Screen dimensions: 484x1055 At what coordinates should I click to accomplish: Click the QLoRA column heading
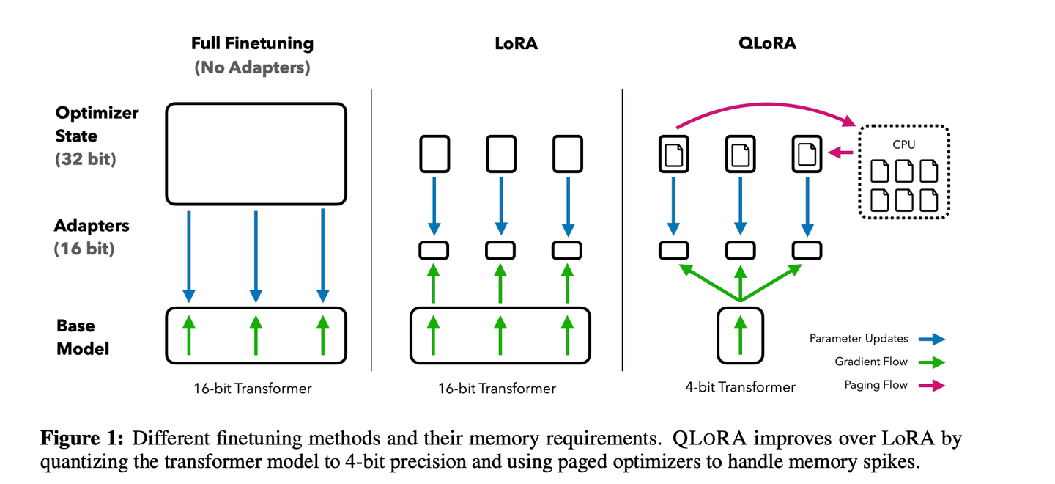pyautogui.click(x=767, y=43)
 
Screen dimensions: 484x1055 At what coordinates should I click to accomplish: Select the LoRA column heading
pyautogui.click(x=516, y=43)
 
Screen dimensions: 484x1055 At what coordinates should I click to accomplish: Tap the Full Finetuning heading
pyautogui.click(x=252, y=43)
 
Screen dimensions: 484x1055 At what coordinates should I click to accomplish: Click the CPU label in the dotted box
pyautogui.click(x=903, y=145)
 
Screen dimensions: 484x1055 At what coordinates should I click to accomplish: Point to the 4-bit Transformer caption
pyautogui.click(x=741, y=387)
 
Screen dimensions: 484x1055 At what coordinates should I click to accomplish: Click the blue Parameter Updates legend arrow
pyautogui.click(x=930, y=339)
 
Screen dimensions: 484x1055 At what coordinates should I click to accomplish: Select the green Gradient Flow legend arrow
pyautogui.click(x=930, y=362)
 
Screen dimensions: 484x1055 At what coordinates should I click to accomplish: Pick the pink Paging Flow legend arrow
pyautogui.click(x=930, y=385)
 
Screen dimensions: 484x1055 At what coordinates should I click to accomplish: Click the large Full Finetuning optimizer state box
pyautogui.click(x=256, y=153)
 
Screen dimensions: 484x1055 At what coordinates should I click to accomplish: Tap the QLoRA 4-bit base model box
pyautogui.click(x=741, y=335)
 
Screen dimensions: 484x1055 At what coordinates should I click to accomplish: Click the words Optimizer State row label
pyautogui.click(x=97, y=125)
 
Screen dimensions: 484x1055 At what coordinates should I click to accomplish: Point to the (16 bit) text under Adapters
pyautogui.click(x=84, y=249)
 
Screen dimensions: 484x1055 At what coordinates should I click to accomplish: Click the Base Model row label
pyautogui.click(x=82, y=337)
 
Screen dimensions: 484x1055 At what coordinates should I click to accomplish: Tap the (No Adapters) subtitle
pyautogui.click(x=252, y=67)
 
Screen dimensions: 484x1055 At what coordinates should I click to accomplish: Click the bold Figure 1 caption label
pyautogui.click(x=84, y=439)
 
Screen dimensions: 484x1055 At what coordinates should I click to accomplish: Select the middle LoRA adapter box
pyautogui.click(x=500, y=250)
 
